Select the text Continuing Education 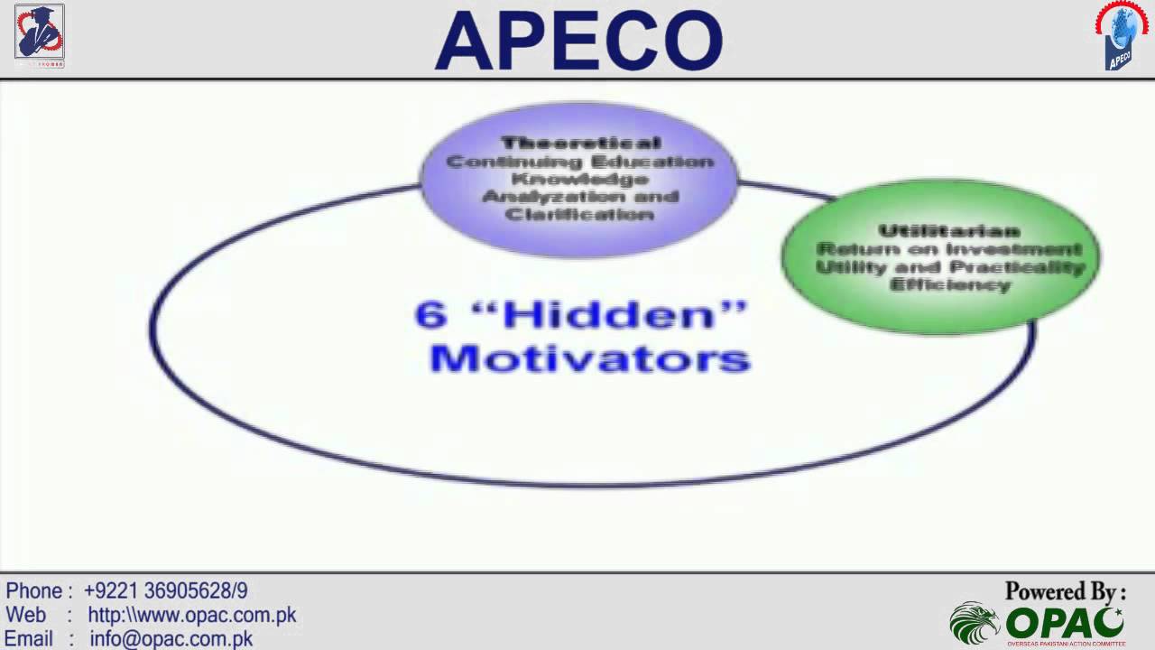[x=580, y=162]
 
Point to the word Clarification [x=580, y=215]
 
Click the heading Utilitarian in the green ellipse [x=948, y=231]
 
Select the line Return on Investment [x=948, y=248]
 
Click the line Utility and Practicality [x=948, y=267]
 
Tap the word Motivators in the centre [x=590, y=358]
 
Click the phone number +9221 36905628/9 [x=165, y=591]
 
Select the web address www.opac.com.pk [x=191, y=616]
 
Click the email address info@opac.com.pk [x=171, y=639]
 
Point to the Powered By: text [x=1066, y=592]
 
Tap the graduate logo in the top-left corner [x=39, y=33]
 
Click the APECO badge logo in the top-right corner [x=1120, y=36]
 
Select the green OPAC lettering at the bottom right [x=1066, y=623]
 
